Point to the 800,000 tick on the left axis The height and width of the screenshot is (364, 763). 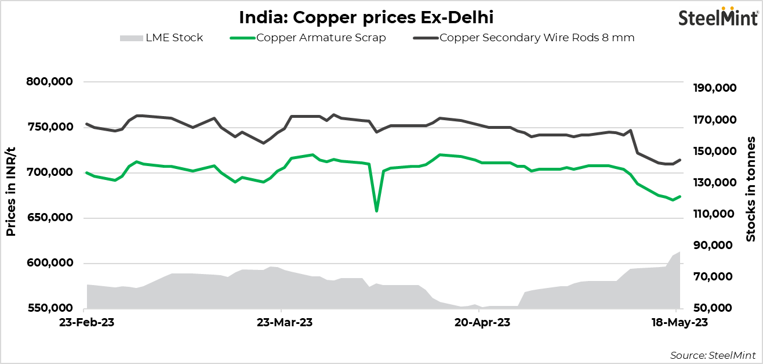pyautogui.click(x=50, y=82)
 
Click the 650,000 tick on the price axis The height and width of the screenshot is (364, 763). pyautogui.click(x=50, y=218)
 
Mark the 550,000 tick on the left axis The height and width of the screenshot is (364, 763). pyautogui.click(x=50, y=308)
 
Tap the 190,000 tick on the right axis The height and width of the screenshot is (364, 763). pyautogui.click(x=714, y=88)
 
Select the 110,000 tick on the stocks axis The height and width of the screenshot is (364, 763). pyautogui.click(x=714, y=214)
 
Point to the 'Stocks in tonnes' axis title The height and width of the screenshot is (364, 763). pyautogui.click(x=751, y=189)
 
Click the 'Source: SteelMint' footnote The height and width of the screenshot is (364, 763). pyautogui.click(x=713, y=355)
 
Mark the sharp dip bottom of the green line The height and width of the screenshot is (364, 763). pyautogui.click(x=377, y=211)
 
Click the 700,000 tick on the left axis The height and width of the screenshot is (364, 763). pyautogui.click(x=50, y=172)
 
